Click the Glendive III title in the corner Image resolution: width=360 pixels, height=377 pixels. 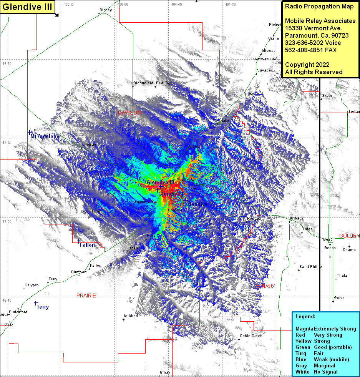point(27,7)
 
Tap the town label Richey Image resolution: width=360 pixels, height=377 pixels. point(105,10)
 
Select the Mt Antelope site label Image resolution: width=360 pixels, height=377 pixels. point(45,136)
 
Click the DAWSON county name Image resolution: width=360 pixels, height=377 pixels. point(129,113)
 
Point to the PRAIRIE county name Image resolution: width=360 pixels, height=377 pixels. point(86,296)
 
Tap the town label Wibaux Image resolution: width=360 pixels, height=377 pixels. point(297,218)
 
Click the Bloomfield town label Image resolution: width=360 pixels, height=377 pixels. point(143,83)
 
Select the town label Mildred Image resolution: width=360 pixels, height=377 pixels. point(131,316)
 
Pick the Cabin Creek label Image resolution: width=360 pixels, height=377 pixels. point(251,336)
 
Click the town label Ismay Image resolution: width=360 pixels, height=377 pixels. point(165,372)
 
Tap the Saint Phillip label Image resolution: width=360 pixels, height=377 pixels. point(310,266)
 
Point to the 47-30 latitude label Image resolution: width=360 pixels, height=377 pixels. point(7,63)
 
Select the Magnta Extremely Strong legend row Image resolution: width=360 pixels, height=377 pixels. point(325,329)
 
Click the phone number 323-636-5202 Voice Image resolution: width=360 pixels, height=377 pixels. point(313,43)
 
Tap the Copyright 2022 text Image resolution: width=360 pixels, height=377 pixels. point(307,65)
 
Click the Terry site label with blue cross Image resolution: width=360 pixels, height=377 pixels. point(43,307)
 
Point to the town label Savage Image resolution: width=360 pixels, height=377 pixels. point(264,70)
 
